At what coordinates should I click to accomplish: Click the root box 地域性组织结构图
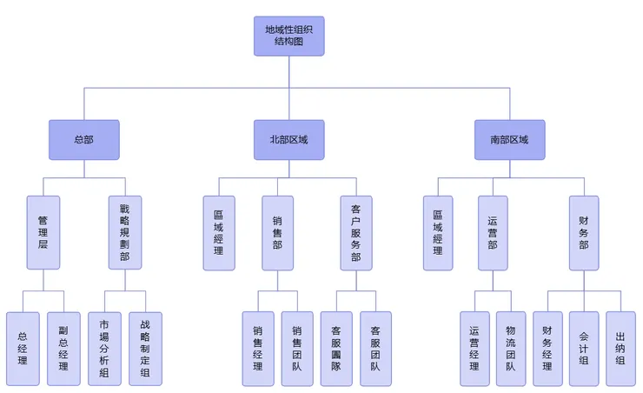(288, 37)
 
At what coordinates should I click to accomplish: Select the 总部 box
(83, 139)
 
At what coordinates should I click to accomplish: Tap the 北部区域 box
(288, 139)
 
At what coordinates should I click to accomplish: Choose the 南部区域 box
(509, 139)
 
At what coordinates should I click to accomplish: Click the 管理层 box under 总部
(42, 233)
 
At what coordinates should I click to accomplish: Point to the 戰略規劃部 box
(124, 233)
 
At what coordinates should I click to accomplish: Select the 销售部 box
(278, 233)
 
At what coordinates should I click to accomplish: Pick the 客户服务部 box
(355, 233)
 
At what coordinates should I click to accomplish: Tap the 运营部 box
(493, 233)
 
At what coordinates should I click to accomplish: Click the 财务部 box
(583, 233)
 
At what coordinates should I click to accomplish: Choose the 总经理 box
(23, 349)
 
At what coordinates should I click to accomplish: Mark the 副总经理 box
(63, 349)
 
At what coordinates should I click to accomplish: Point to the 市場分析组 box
(104, 349)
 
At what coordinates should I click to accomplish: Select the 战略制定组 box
(144, 349)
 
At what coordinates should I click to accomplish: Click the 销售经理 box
(257, 349)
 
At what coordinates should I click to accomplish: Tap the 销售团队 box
(297, 349)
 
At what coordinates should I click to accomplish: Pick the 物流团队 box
(510, 349)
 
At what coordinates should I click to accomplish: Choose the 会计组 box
(583, 349)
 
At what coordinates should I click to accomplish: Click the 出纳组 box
(620, 349)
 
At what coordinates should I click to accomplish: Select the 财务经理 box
(547, 349)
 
